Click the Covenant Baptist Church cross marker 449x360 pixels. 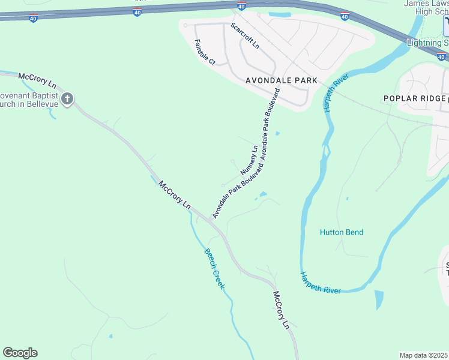pyautogui.click(x=68, y=98)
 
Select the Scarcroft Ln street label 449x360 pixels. pyautogui.click(x=245, y=36)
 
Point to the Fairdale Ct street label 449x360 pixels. pyautogui.click(x=205, y=52)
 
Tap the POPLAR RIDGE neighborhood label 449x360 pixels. pyautogui.click(x=415, y=98)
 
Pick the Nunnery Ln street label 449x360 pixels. pyautogui.click(x=249, y=160)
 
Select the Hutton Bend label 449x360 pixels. pyautogui.click(x=342, y=232)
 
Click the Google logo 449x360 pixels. pyautogui.click(x=20, y=353)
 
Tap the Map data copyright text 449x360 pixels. pyautogui.click(x=424, y=355)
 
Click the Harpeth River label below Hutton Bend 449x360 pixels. pyautogui.click(x=321, y=283)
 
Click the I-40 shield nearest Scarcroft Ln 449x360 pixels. pyautogui.click(x=241, y=7)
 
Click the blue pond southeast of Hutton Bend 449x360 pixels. pyautogui.click(x=378, y=300)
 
